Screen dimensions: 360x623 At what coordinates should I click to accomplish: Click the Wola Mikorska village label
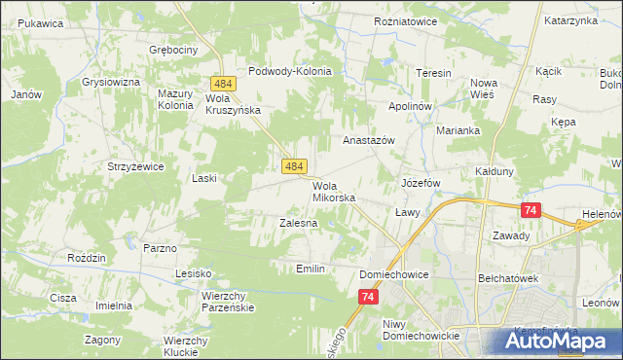334,192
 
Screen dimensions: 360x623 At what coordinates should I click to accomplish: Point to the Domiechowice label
394,274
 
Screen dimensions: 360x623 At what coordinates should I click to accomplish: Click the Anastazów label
368,140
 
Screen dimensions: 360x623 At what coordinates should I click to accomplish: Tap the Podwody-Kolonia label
290,71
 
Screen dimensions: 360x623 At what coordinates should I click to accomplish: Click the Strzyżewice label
135,166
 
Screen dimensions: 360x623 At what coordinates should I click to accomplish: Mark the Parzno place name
160,248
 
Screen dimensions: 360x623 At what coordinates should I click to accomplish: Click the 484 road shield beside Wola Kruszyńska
218,87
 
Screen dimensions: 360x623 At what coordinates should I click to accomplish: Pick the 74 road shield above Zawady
531,210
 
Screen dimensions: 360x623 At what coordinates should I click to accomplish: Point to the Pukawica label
40,21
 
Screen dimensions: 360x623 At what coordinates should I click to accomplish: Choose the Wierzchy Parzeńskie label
228,301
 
